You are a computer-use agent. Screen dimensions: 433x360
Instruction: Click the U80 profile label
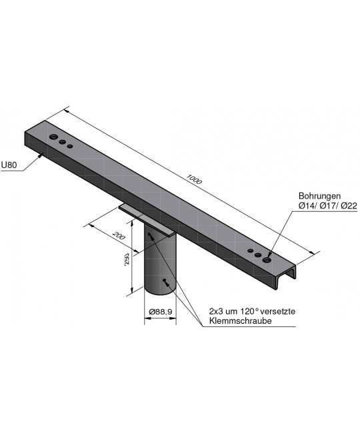[x=9, y=164]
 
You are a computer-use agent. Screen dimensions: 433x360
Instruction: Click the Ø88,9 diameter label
[x=160, y=312]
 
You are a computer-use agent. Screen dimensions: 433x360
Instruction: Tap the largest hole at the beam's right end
[x=267, y=260]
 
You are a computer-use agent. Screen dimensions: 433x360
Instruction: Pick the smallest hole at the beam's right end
[x=250, y=251]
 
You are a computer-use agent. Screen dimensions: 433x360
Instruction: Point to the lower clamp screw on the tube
[x=163, y=283]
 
